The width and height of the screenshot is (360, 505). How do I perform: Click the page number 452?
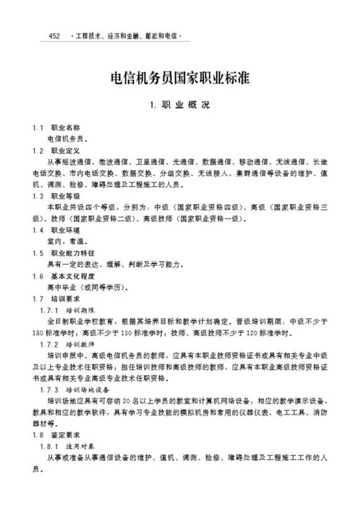53,37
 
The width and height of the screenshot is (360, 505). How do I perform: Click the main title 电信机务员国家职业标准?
180,79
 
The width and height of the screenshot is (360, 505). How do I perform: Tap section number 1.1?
38,127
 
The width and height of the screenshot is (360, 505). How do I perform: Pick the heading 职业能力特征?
73,253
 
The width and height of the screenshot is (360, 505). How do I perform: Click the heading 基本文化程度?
73,276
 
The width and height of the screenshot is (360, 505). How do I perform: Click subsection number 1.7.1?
48,310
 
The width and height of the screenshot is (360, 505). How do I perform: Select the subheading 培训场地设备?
88,390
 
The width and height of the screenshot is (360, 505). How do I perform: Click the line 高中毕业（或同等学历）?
86,288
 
